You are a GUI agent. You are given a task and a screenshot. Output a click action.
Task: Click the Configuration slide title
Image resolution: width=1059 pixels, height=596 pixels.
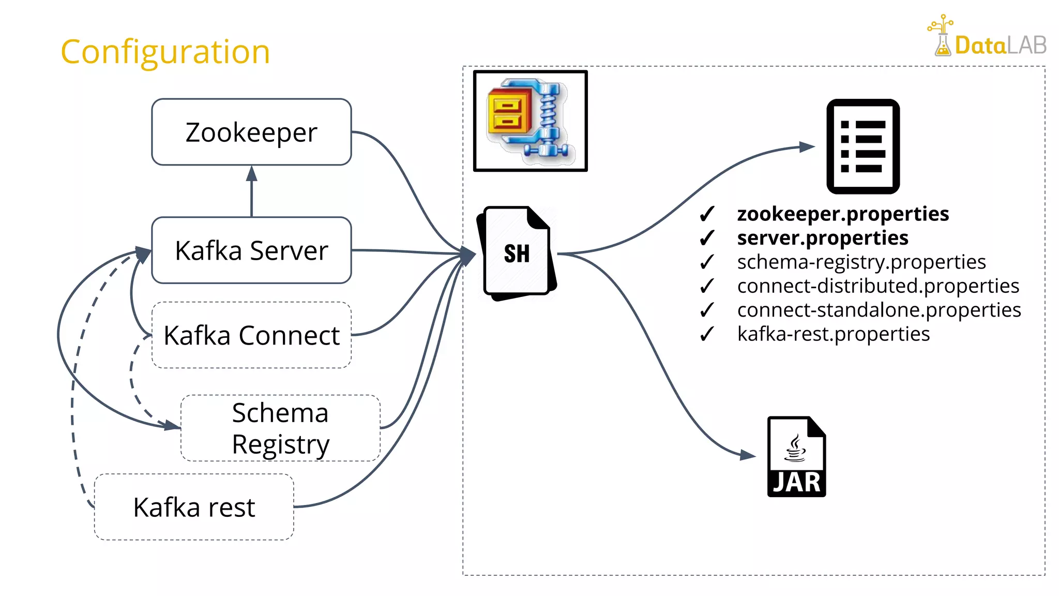click(165, 52)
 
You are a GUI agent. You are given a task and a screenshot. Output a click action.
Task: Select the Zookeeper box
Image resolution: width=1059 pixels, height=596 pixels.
click(251, 132)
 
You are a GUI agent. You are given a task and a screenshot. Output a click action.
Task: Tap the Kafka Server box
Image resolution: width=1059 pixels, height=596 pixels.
click(251, 250)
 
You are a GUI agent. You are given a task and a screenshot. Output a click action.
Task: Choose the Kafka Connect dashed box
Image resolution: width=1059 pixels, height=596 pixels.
click(251, 335)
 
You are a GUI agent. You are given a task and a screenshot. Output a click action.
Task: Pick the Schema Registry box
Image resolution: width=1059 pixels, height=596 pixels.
click(280, 428)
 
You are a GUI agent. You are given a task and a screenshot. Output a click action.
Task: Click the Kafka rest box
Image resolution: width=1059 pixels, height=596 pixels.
click(194, 507)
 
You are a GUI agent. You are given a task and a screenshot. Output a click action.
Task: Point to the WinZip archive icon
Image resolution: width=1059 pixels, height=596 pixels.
click(530, 121)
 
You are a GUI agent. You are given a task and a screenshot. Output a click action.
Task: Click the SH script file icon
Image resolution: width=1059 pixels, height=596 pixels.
click(517, 253)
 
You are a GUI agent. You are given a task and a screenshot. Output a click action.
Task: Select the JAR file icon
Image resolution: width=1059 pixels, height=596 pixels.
click(796, 457)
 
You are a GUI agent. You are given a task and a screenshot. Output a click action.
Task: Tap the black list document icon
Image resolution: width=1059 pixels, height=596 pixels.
click(863, 146)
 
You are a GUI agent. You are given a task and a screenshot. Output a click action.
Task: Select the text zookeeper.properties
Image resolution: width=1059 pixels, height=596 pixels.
click(843, 214)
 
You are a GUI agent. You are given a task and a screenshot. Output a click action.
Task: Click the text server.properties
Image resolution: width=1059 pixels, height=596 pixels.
click(822, 238)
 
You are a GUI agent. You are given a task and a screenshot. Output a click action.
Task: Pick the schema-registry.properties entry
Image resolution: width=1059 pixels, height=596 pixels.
click(861, 262)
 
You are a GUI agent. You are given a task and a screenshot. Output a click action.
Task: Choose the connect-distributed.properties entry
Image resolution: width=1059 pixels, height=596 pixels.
click(878, 286)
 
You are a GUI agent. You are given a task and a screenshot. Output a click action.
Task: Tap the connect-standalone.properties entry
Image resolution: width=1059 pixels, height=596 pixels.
click(879, 310)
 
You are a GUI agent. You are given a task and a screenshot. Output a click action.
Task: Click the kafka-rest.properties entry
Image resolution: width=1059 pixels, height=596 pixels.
click(834, 334)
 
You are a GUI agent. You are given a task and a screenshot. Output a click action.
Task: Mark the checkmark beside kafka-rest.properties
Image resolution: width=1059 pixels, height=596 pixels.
click(707, 334)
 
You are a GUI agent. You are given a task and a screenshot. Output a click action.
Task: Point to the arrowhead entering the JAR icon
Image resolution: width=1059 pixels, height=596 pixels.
click(748, 455)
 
